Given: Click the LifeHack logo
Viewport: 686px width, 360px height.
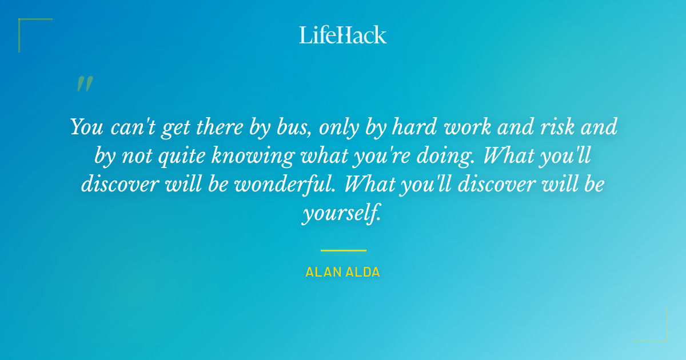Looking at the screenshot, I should pos(343,35).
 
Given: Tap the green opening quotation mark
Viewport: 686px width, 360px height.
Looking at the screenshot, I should pos(84,84).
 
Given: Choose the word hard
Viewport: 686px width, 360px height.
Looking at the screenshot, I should pos(412,127).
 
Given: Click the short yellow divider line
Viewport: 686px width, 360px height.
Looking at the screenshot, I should pos(343,250).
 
